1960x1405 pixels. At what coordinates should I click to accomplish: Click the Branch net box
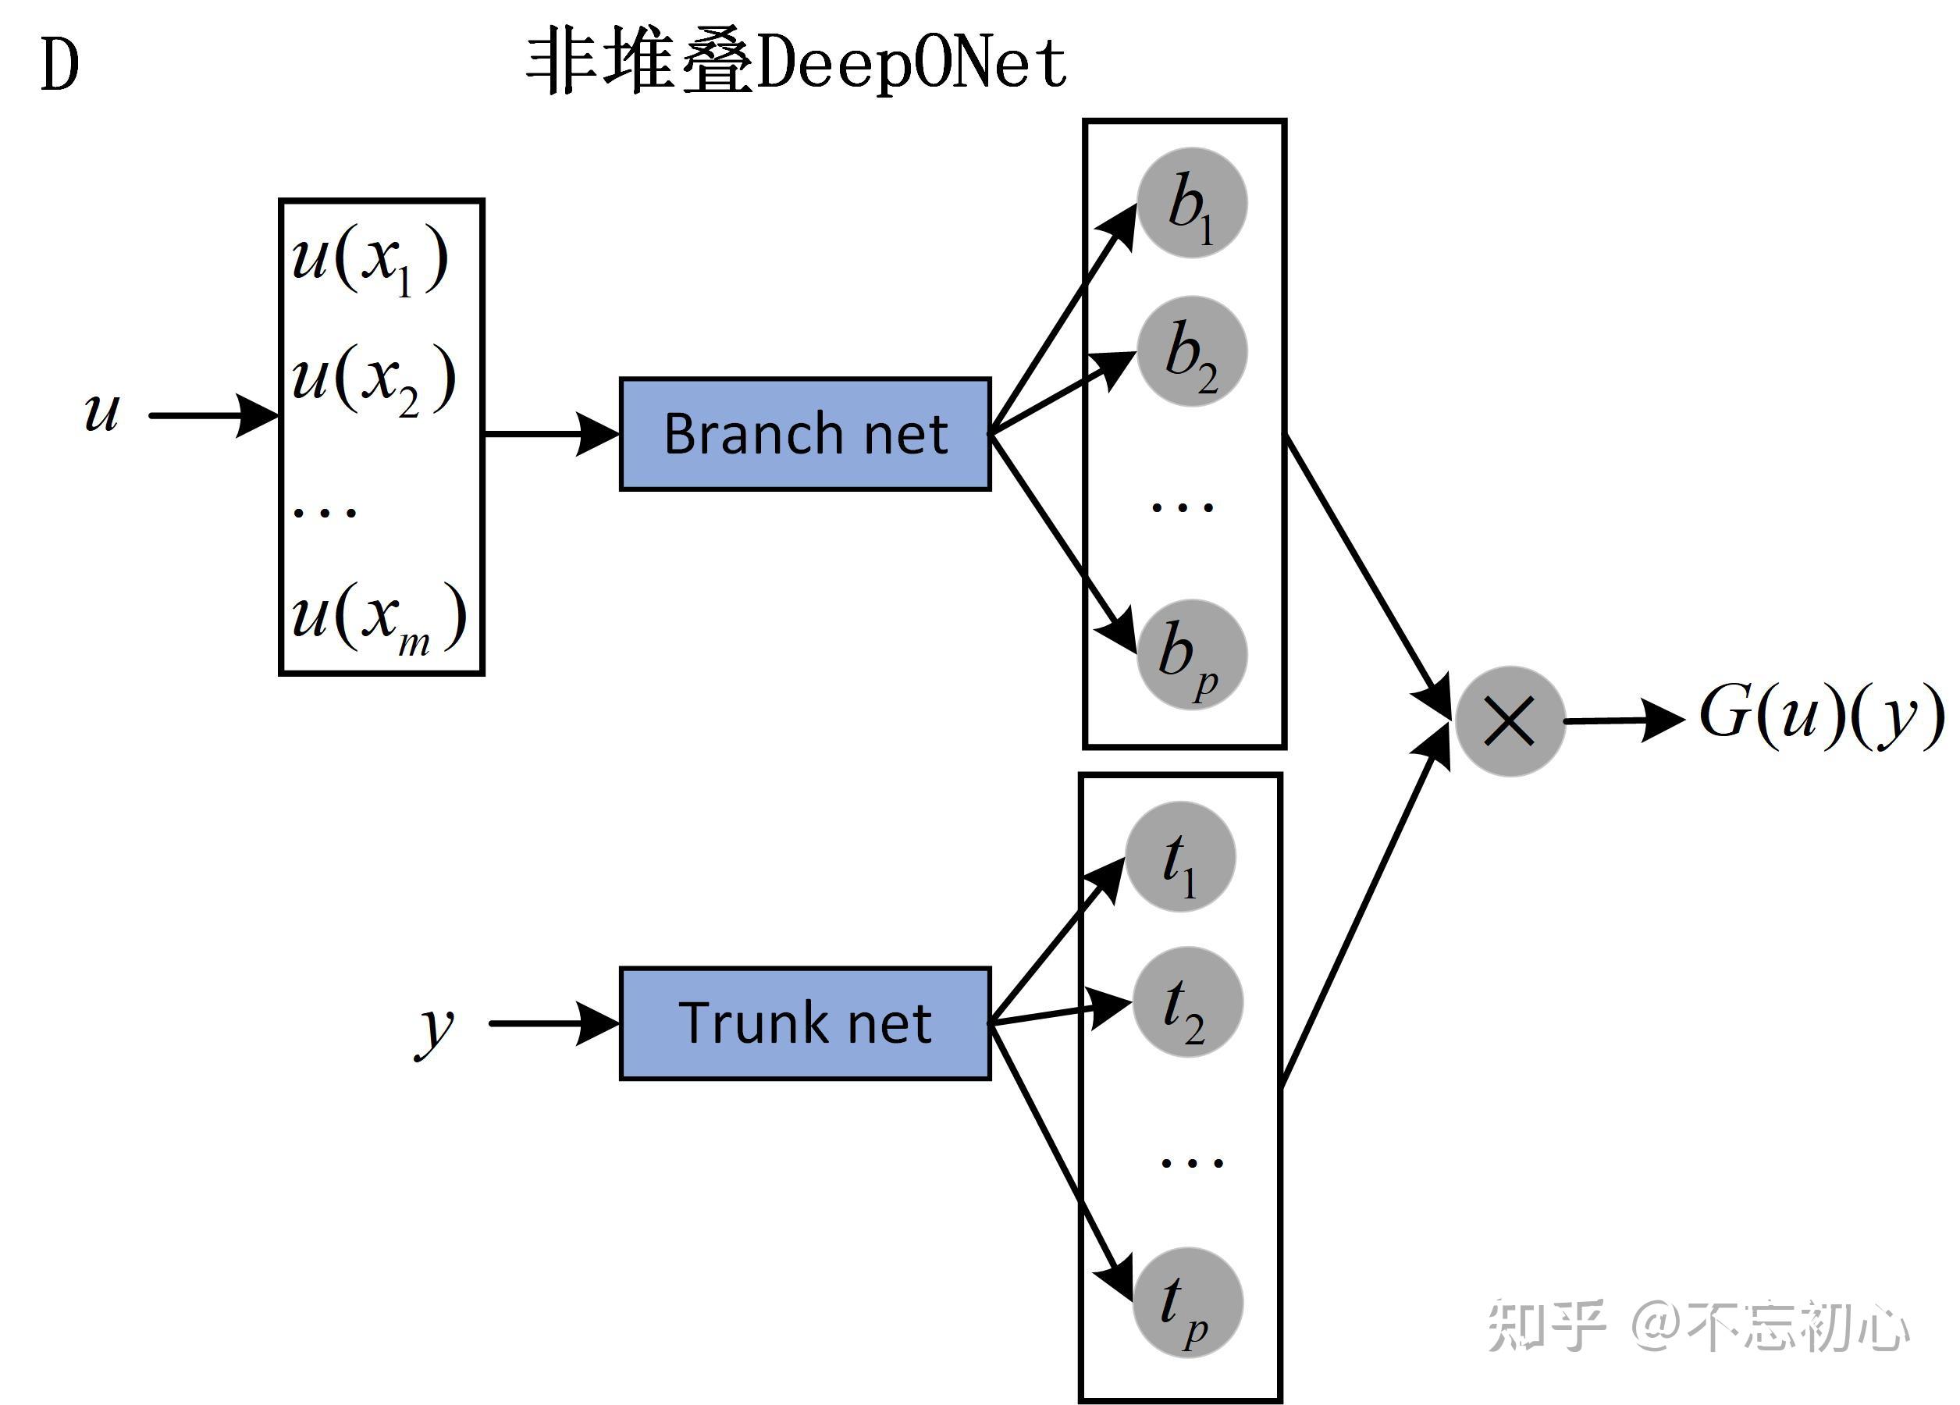(805, 434)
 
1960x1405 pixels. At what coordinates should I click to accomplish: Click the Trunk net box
(805, 1023)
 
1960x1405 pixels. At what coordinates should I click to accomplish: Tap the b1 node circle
(1192, 203)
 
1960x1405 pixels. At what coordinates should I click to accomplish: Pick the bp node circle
(1192, 655)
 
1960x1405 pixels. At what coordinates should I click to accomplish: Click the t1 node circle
(1180, 857)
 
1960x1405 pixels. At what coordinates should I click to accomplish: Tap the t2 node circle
(1187, 1002)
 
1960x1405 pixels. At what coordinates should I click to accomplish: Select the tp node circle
(1187, 1303)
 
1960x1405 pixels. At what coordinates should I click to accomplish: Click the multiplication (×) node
(1510, 721)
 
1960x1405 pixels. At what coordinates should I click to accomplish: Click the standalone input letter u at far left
(101, 411)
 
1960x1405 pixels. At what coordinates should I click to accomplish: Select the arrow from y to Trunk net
(553, 1024)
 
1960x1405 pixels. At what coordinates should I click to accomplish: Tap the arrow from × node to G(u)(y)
(1623, 720)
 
